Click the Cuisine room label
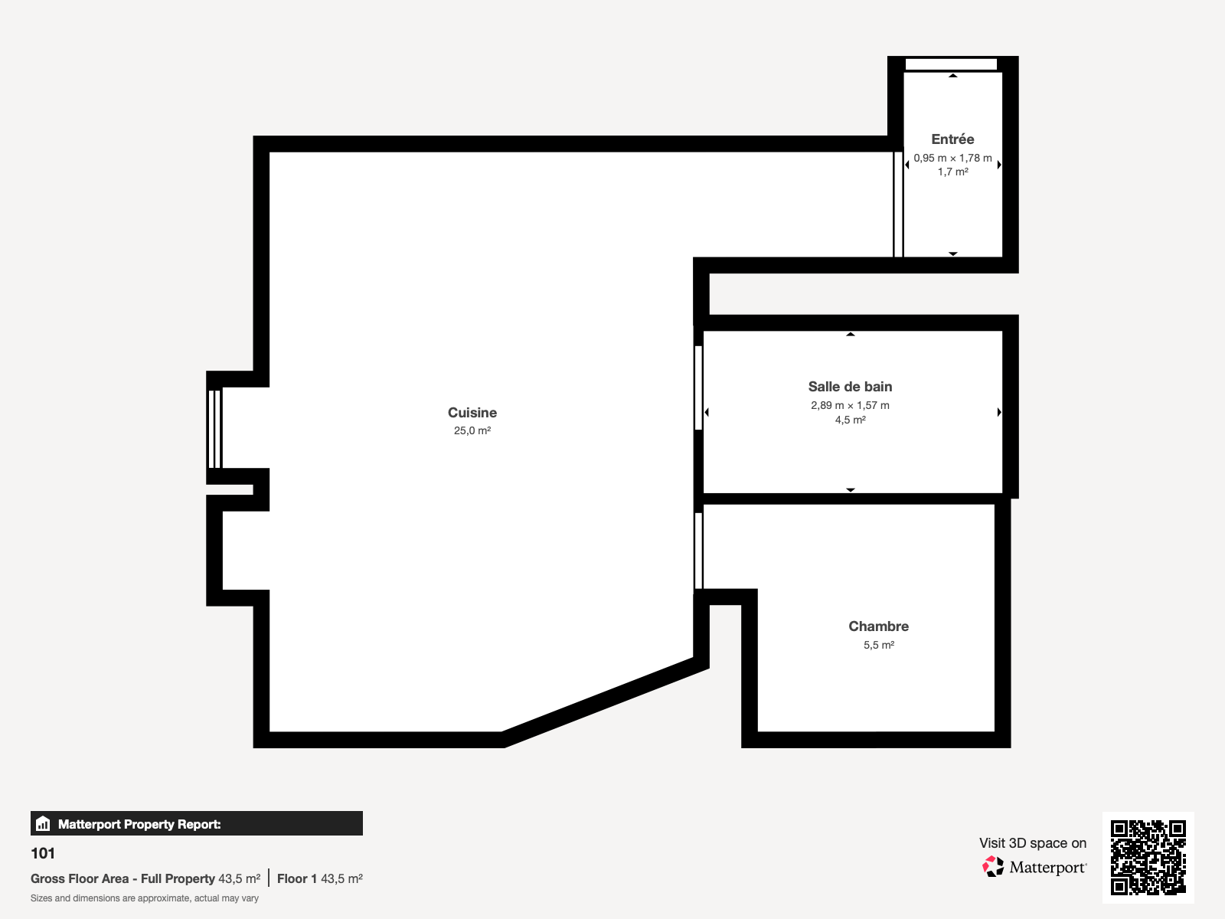click(x=472, y=413)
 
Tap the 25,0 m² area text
click(x=472, y=431)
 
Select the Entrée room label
click(x=952, y=139)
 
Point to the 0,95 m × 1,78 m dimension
click(x=952, y=159)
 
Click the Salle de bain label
click(x=850, y=387)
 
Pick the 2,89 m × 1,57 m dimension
click(x=850, y=406)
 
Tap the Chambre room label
click(x=878, y=626)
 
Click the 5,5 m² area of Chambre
click(x=878, y=646)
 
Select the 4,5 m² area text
click(x=850, y=420)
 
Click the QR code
click(x=1148, y=857)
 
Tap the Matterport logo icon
click(x=993, y=867)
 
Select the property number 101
click(x=43, y=853)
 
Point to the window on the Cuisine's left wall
click(x=214, y=428)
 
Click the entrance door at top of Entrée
click(x=951, y=64)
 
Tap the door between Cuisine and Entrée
click(x=898, y=204)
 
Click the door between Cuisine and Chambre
click(x=698, y=551)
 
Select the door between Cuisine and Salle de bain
click(x=698, y=388)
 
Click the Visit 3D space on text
click(x=1032, y=843)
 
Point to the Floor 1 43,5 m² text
click(x=319, y=879)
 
